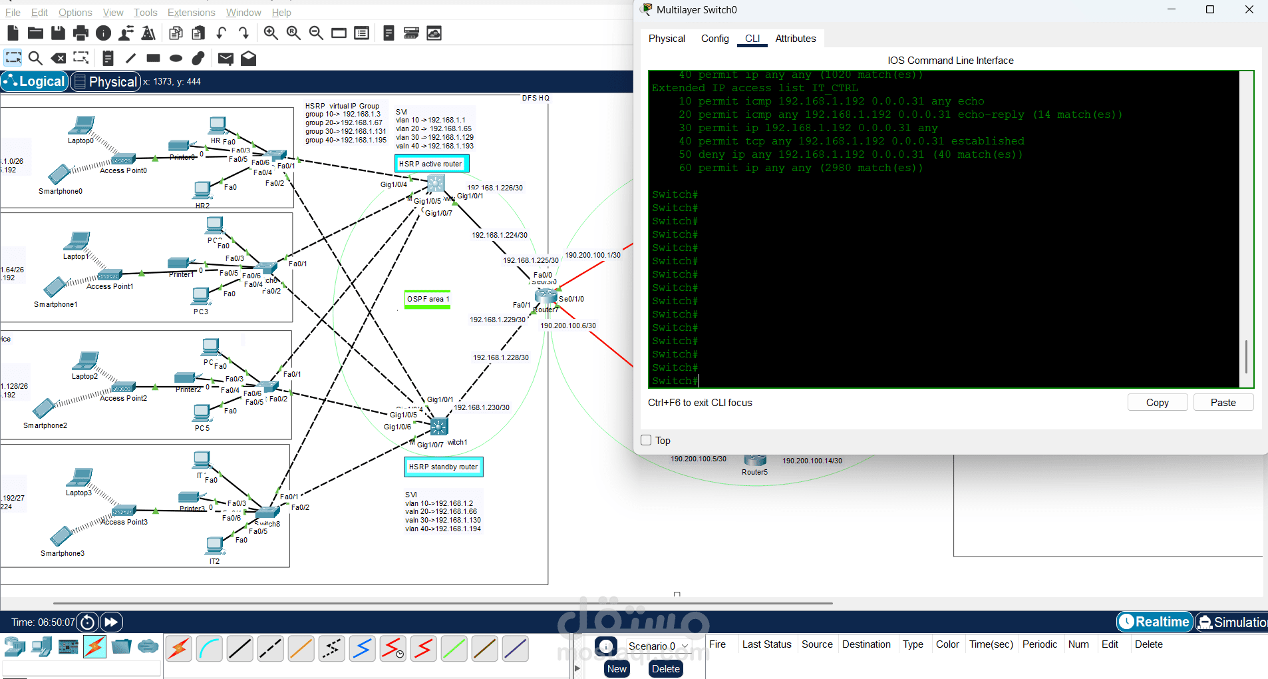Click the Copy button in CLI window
click(1157, 403)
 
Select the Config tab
click(714, 39)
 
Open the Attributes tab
click(795, 39)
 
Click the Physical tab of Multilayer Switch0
click(667, 39)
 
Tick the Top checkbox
click(646, 440)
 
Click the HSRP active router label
click(431, 164)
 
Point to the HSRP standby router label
click(443, 467)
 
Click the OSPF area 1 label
click(428, 300)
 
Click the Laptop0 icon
click(82, 125)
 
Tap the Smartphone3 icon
click(61, 537)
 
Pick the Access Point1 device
click(110, 275)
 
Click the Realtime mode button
click(1154, 622)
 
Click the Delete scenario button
click(665, 669)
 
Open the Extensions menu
click(191, 13)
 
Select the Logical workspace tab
click(35, 81)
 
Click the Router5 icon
click(755, 460)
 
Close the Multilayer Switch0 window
click(1249, 10)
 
